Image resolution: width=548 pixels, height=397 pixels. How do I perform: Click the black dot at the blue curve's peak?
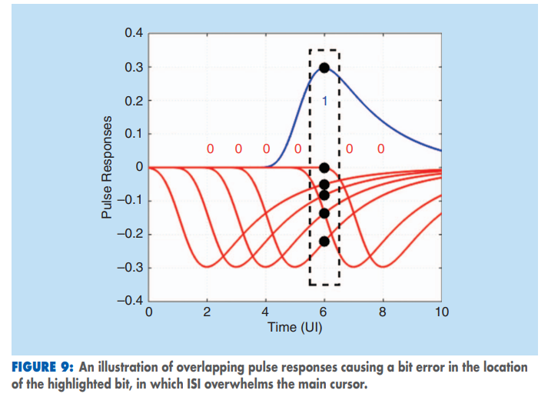pos(324,68)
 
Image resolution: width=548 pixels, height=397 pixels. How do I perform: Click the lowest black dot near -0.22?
pos(324,242)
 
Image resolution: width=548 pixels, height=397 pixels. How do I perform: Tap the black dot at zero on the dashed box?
pos(324,168)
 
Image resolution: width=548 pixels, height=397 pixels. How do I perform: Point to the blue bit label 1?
pos(324,102)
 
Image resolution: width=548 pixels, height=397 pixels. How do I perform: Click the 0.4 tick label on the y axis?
pos(132,34)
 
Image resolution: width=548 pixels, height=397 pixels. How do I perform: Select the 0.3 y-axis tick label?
pos(132,68)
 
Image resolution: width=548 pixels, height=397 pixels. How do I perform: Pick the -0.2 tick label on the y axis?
pos(129,235)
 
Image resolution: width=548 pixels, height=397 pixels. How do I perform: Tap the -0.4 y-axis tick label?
pos(129,301)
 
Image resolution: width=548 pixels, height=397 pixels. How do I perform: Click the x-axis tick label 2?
pos(208,312)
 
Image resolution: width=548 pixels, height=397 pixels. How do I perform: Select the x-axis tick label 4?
pos(266,312)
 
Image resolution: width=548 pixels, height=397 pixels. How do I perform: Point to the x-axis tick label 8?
pos(383,312)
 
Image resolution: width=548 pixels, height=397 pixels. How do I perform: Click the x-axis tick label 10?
pos(441,312)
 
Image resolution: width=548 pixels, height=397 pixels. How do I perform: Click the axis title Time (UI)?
pos(295,327)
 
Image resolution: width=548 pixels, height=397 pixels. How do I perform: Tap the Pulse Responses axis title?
pos(107,167)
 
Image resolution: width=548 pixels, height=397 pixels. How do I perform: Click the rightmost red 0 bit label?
pos(380,148)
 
